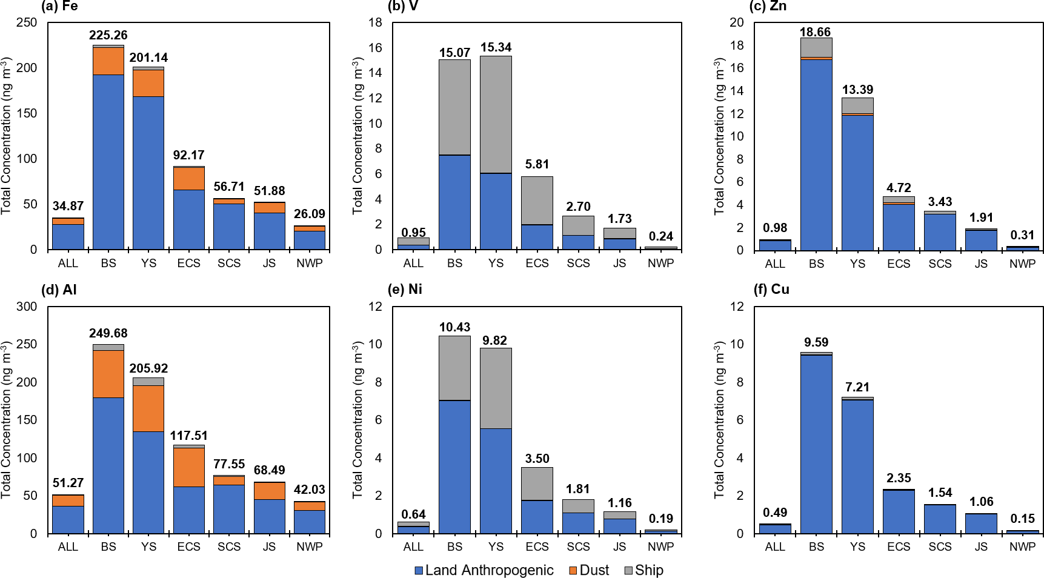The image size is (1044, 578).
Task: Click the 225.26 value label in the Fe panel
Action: [x=108, y=35]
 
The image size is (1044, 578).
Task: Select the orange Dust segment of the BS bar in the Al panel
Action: [x=108, y=373]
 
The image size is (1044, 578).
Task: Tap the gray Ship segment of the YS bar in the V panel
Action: [x=496, y=114]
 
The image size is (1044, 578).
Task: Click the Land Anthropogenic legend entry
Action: [x=484, y=570]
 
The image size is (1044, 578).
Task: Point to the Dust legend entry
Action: [x=589, y=570]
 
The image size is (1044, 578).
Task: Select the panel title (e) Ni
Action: [x=405, y=289]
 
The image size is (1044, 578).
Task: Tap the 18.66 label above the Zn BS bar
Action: [x=815, y=32]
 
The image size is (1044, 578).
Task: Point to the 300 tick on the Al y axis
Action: [x=27, y=307]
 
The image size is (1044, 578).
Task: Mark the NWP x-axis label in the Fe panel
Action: [x=309, y=263]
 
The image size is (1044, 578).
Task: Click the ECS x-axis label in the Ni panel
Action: [x=537, y=546]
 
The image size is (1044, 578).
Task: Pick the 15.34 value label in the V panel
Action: [x=496, y=47]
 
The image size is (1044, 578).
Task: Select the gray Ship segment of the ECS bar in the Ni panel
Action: [x=537, y=483]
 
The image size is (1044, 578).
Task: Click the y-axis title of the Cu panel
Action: [x=719, y=419]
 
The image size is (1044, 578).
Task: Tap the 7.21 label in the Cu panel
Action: [x=857, y=387]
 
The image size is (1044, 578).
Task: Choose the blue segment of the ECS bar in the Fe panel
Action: [x=188, y=219]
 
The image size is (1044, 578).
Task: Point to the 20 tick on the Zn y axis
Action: [x=736, y=22]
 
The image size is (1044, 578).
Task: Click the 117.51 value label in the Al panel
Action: [x=188, y=436]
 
